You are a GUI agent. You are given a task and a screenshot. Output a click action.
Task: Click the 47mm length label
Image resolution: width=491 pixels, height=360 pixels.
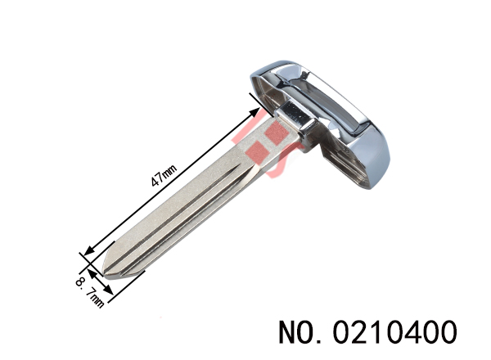[164, 175]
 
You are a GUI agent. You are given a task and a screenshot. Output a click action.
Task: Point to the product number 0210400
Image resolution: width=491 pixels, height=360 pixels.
[394, 332]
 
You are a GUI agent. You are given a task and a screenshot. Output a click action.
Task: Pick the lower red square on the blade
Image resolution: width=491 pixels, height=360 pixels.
[258, 152]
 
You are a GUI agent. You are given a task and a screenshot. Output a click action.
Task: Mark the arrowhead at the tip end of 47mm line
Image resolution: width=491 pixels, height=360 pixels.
[89, 250]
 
